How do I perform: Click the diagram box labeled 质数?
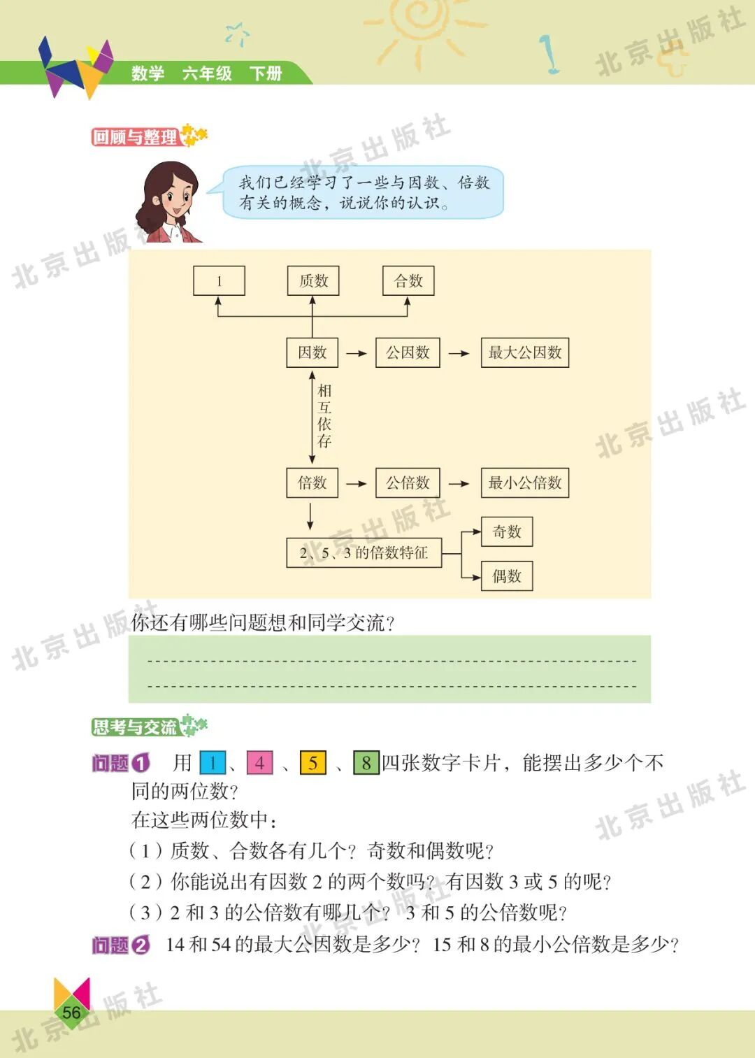pyautogui.click(x=312, y=281)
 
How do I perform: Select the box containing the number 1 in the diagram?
pyautogui.click(x=219, y=281)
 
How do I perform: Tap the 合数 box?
pyautogui.click(x=408, y=281)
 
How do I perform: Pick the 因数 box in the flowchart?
pyautogui.click(x=312, y=352)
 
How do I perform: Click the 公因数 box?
pyautogui.click(x=408, y=352)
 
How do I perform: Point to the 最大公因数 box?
pyautogui.click(x=524, y=352)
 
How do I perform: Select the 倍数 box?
pyautogui.click(x=312, y=482)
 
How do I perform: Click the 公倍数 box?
pyautogui.click(x=408, y=482)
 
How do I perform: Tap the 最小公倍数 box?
pyautogui.click(x=524, y=482)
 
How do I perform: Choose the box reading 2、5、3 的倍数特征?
pyautogui.click(x=364, y=552)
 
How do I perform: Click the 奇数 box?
pyautogui.click(x=507, y=532)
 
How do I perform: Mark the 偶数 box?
pyautogui.click(x=507, y=576)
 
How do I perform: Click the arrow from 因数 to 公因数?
pyautogui.click(x=357, y=353)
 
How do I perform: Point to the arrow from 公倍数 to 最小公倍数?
pyautogui.click(x=459, y=483)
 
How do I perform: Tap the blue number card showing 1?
pyautogui.click(x=213, y=762)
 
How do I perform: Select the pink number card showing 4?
pyautogui.click(x=259, y=762)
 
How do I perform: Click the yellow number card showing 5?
pyautogui.click(x=312, y=762)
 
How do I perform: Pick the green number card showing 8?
pyautogui.click(x=366, y=762)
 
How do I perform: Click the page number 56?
pyautogui.click(x=71, y=1012)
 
